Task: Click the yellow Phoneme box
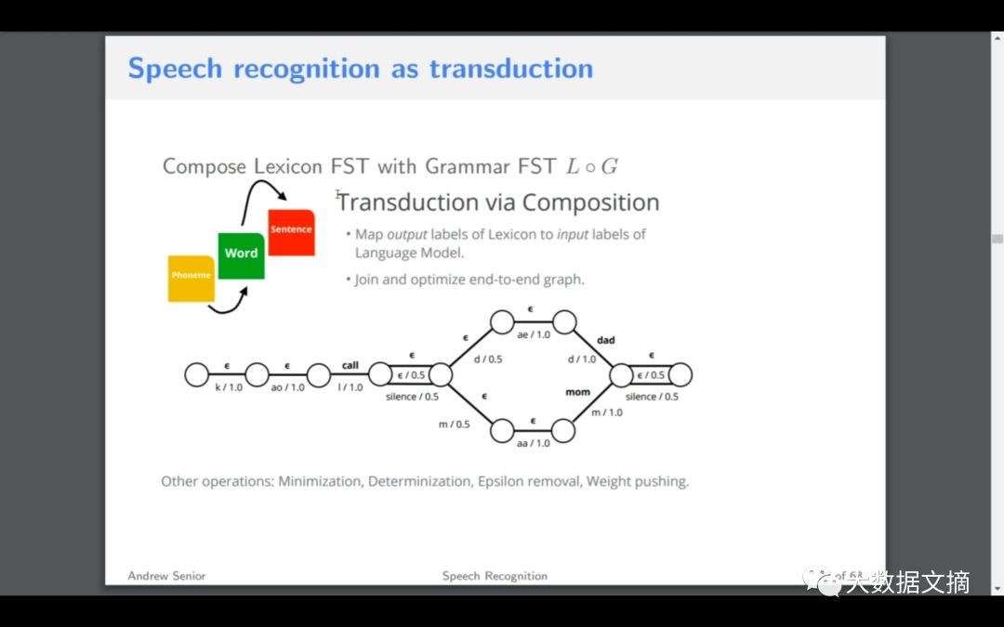pos(191,277)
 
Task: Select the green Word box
pos(241,254)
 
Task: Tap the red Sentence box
pos(291,230)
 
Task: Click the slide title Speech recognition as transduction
pos(360,69)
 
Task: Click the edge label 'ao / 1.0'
pos(286,387)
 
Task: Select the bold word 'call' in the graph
pos(350,365)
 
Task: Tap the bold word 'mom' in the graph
pos(578,393)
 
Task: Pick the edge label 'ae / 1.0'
pos(532,335)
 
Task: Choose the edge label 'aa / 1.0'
pos(532,444)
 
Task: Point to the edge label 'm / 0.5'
pos(455,425)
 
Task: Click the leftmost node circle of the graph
pos(196,374)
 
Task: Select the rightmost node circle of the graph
pos(680,374)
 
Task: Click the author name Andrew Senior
pos(166,576)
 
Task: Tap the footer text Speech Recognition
pos(495,576)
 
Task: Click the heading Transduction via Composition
pos(498,202)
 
